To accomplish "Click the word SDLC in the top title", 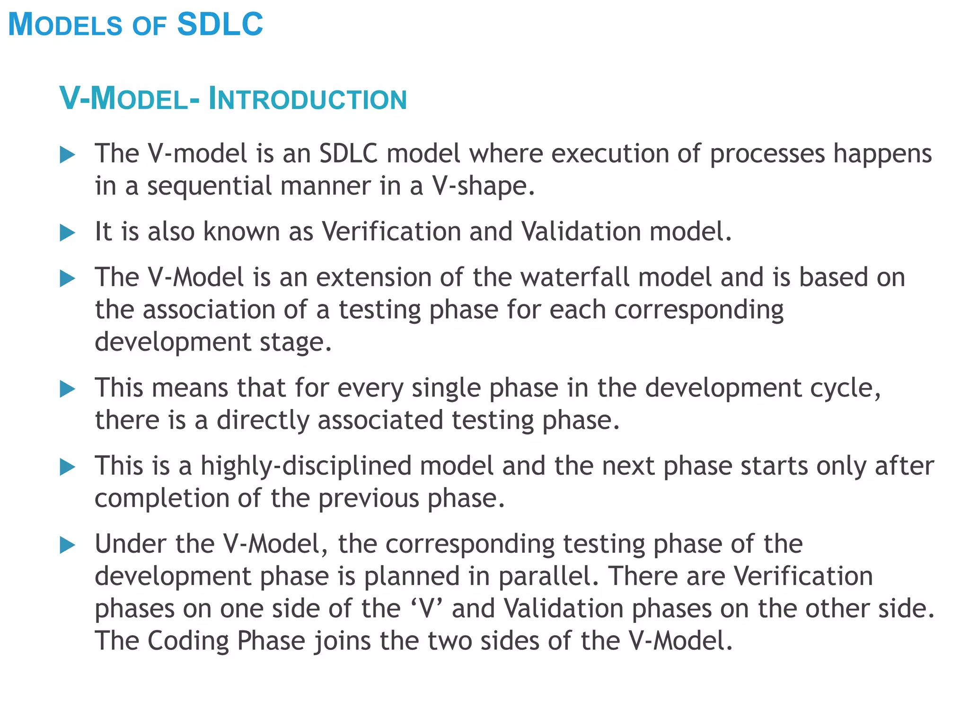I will (220, 24).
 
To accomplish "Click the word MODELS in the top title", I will (65, 25).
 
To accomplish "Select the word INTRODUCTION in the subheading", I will (308, 99).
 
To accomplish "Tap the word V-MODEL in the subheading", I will (124, 99).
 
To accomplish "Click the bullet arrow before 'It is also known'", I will (68, 233).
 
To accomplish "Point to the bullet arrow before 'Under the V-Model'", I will (68, 545).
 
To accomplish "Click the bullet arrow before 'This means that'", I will (68, 389).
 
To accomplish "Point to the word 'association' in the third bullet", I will (209, 310).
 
